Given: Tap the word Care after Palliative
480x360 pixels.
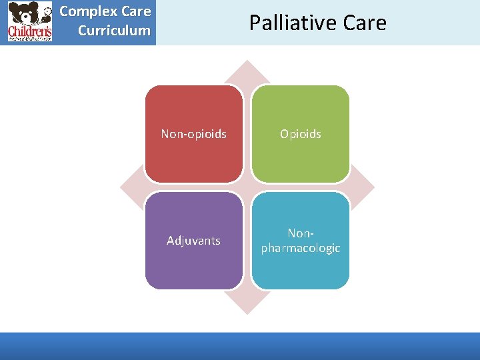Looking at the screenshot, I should (362, 23).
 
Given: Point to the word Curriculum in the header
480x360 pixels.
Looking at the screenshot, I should (114, 31).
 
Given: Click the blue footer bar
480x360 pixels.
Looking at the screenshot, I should (240, 346).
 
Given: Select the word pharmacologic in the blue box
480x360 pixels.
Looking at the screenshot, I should (301, 248).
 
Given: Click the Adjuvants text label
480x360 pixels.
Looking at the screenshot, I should (193, 241).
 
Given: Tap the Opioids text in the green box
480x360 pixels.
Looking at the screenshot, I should (301, 134).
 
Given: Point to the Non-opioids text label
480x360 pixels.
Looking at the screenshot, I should (193, 134).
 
